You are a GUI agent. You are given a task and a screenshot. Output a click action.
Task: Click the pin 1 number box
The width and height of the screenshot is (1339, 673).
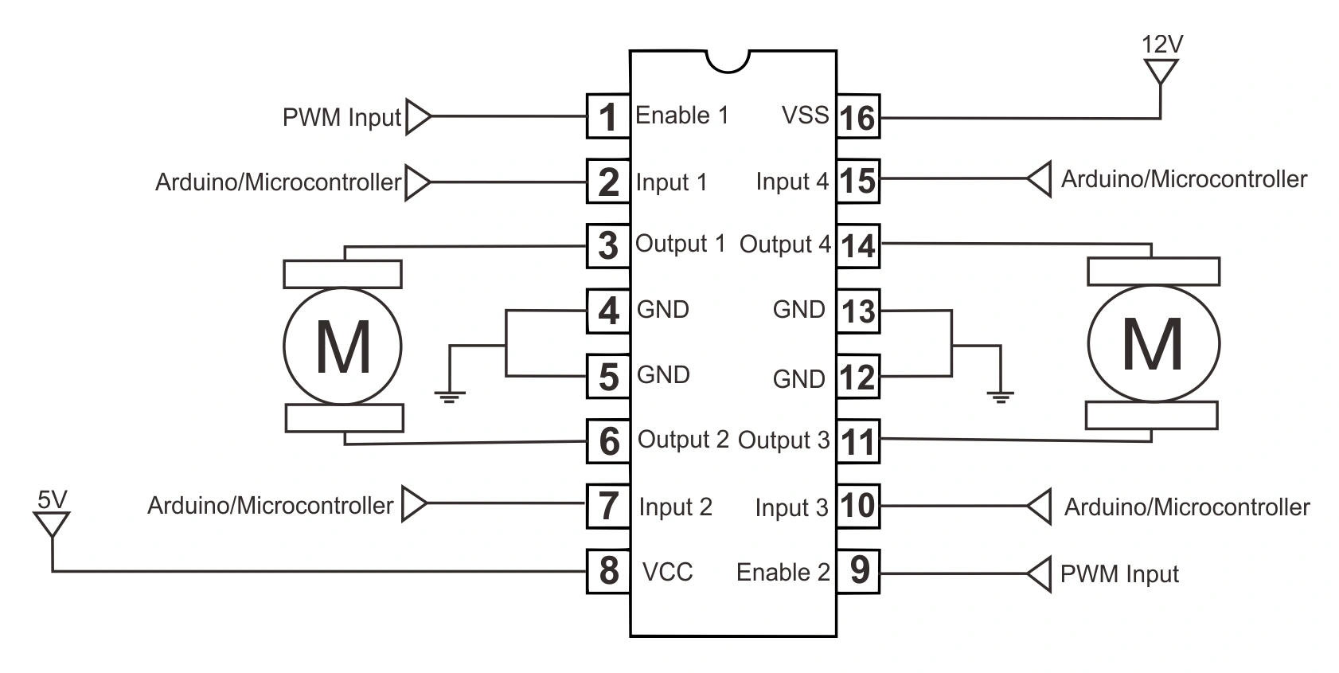coord(608,117)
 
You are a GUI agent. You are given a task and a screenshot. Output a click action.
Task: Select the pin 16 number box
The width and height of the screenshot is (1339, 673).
coord(858,117)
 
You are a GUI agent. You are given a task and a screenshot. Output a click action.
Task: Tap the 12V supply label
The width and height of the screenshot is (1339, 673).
coord(1161,45)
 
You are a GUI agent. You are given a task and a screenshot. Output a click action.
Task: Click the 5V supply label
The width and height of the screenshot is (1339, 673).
coord(53,499)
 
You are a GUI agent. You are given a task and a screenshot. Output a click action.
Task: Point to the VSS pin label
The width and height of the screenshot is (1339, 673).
coord(805,115)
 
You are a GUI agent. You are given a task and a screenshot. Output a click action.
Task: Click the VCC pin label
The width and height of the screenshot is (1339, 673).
coord(667,572)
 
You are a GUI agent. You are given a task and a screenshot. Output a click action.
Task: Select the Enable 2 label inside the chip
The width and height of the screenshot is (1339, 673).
coord(783,573)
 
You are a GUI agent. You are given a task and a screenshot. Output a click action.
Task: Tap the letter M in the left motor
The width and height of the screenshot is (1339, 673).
coord(343,347)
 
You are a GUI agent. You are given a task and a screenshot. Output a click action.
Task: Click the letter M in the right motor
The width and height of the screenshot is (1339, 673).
coord(1152,344)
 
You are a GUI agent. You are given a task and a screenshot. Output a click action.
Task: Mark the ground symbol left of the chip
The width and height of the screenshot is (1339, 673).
coord(450,395)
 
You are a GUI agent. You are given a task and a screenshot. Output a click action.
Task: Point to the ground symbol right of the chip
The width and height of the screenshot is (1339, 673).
coord(1000,395)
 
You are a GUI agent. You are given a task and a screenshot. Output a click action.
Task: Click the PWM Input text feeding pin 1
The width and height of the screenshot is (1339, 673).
coord(342,118)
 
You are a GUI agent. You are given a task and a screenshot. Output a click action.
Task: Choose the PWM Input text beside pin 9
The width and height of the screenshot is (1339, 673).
coord(1118,574)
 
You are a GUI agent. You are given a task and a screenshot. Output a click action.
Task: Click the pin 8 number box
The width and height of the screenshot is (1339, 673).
coord(608,571)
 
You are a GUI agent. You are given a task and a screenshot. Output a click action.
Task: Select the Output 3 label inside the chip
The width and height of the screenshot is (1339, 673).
coord(783,440)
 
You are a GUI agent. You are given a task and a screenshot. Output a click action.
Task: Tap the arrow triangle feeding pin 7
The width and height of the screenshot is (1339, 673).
coord(414,504)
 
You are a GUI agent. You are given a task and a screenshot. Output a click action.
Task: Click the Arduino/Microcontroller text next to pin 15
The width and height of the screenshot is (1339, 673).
coord(1183,179)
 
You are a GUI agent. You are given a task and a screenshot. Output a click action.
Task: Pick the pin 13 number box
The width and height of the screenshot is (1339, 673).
coord(858,311)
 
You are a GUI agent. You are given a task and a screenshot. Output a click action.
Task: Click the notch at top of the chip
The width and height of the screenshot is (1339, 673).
coord(728,61)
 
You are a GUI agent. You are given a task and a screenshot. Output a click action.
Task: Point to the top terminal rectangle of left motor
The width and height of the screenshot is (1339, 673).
coord(342,274)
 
